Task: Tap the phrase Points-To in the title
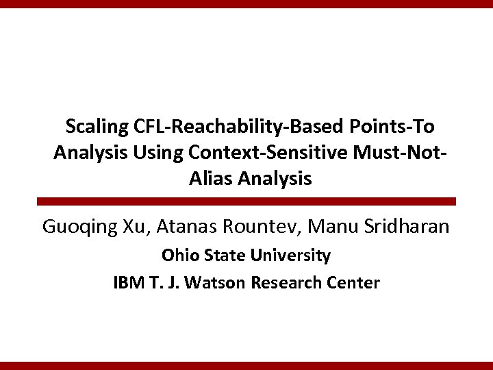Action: point(396,127)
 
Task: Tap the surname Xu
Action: point(134,227)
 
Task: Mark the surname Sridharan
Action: point(403,227)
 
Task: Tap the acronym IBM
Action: point(129,282)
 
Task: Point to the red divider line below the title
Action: point(246,201)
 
